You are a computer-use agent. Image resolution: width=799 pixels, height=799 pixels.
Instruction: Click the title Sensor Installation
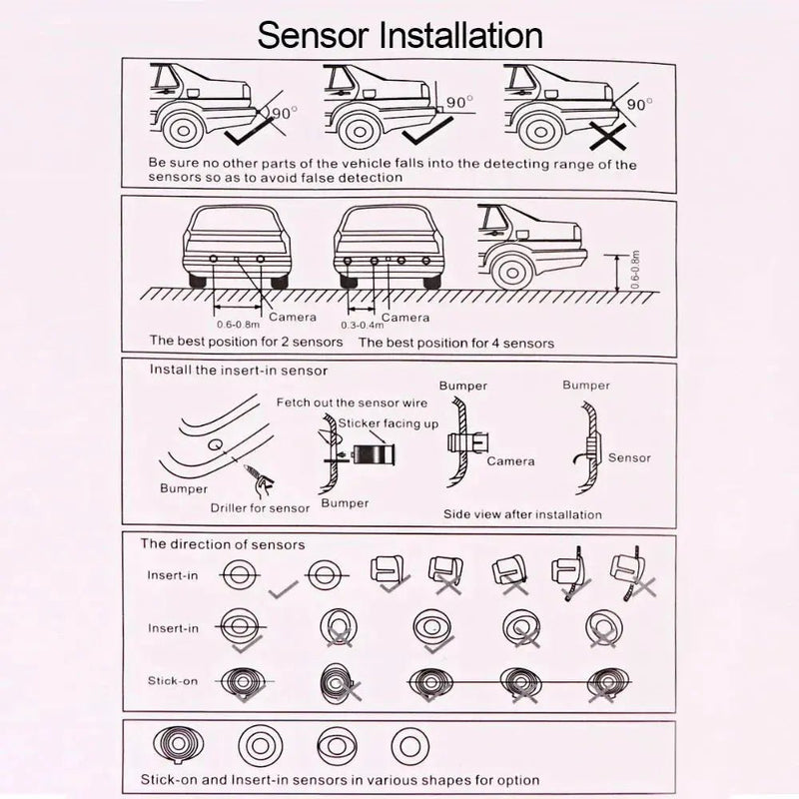[399, 34]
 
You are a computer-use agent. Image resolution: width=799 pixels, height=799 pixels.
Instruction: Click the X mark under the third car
[606, 135]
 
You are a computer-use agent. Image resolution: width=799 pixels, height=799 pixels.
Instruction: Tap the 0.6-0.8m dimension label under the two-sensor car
[238, 324]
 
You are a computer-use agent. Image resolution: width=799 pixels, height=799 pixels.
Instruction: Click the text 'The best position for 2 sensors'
[246, 342]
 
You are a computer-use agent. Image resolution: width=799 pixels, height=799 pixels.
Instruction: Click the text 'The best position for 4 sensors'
[456, 342]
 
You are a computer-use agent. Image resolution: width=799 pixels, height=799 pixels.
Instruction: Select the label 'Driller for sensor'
[260, 508]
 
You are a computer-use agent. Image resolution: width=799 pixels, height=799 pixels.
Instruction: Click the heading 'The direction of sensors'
[223, 544]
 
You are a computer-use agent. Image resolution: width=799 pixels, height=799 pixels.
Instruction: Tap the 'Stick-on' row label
[173, 681]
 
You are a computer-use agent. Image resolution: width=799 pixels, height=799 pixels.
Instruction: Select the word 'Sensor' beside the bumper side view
[628, 457]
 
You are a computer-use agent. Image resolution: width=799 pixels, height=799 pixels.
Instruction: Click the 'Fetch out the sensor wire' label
[352, 402]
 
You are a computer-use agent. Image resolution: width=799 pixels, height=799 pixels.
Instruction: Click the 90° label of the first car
[285, 113]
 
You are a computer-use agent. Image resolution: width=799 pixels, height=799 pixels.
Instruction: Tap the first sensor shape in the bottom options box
[179, 745]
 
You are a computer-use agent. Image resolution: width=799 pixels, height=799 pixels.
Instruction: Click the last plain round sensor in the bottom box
[404, 744]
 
